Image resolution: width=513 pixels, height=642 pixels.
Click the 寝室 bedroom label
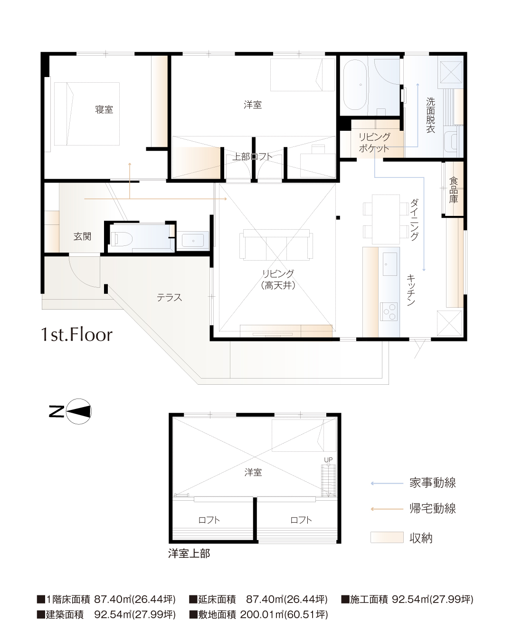pyautogui.click(x=104, y=109)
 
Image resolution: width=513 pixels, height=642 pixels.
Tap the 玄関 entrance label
pyautogui.click(x=82, y=236)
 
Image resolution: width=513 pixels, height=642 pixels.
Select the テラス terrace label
pyautogui.click(x=169, y=297)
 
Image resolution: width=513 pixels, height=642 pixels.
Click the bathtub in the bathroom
pyautogui.click(x=355, y=85)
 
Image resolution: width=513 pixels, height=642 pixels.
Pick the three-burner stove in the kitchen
pyautogui.click(x=389, y=312)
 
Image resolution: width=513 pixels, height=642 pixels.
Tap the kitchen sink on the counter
pyautogui.click(x=389, y=264)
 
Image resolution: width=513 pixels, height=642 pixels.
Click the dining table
pyautogui.click(x=385, y=219)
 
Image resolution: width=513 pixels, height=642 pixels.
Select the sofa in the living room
pyautogui.click(x=276, y=244)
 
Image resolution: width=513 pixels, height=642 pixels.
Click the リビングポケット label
pyautogui.click(x=374, y=143)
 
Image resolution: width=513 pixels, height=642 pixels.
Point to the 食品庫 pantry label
pyautogui.click(x=453, y=190)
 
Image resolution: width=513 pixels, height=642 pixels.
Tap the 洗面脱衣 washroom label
pyautogui.click(x=430, y=115)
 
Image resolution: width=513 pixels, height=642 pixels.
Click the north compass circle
pyautogui.click(x=78, y=411)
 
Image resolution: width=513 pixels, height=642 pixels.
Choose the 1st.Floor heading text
pyautogui.click(x=76, y=334)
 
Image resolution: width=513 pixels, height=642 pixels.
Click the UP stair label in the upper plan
pyautogui.click(x=328, y=460)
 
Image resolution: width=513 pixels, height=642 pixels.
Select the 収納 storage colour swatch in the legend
pyautogui.click(x=387, y=537)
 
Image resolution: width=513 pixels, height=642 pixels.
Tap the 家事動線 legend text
pyautogui.click(x=433, y=483)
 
